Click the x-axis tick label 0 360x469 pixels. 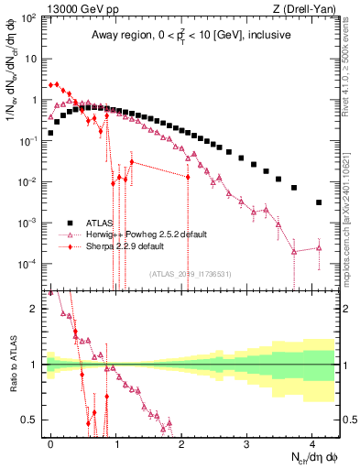(50, 442)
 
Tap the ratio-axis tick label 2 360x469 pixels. (34, 309)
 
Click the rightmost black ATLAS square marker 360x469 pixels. (319, 202)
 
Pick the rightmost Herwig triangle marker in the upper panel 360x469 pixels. (319, 247)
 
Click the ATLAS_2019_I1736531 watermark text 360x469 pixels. (191, 273)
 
